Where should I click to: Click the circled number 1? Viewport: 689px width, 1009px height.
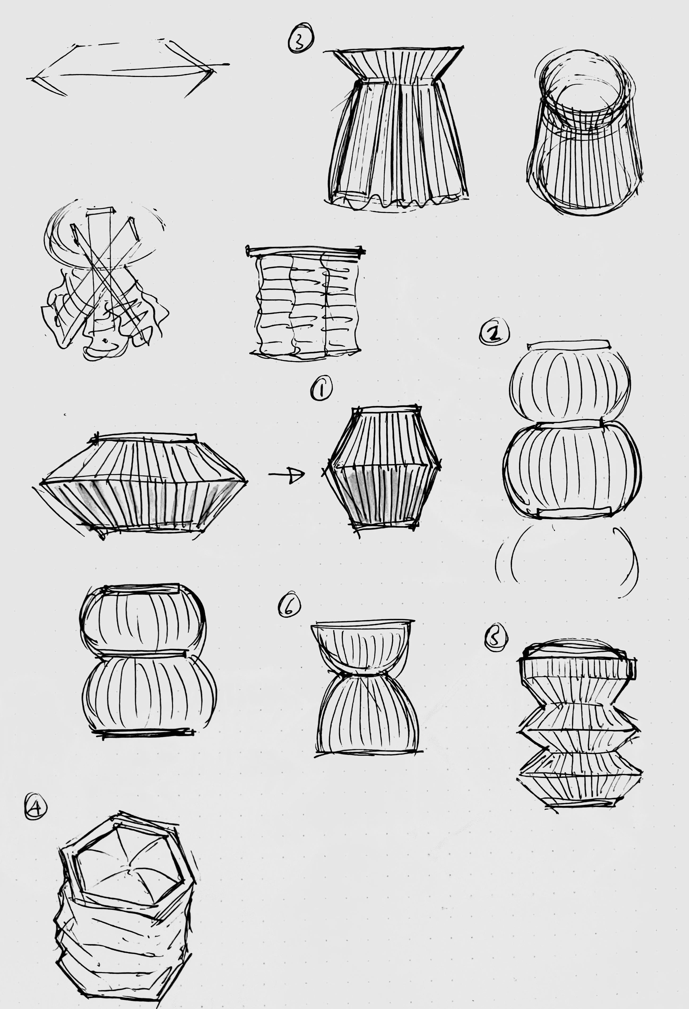click(x=321, y=388)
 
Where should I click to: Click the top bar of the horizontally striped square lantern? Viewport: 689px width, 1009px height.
click(x=305, y=250)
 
